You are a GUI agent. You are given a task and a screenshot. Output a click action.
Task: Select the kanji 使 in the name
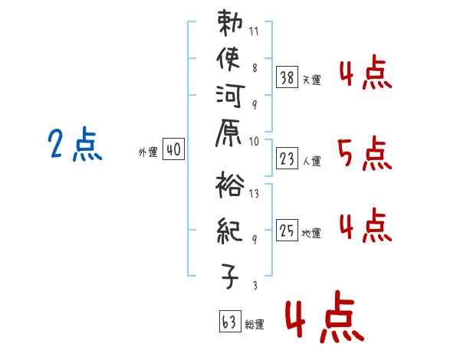228,61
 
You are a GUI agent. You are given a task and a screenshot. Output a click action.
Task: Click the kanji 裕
228,186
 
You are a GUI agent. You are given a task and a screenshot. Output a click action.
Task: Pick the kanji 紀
228,228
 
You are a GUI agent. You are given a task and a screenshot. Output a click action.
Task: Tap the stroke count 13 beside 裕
255,194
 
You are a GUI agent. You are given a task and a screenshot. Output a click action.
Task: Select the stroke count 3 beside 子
254,285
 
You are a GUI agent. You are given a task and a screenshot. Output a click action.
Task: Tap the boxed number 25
287,229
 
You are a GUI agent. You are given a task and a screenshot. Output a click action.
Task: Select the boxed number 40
172,151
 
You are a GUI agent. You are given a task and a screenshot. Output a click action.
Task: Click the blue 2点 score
75,145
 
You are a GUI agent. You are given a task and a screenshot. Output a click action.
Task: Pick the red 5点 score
364,156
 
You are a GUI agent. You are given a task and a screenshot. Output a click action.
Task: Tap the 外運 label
147,152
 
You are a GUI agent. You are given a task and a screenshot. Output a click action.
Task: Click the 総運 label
255,324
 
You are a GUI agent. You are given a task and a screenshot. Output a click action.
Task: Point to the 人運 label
312,162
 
